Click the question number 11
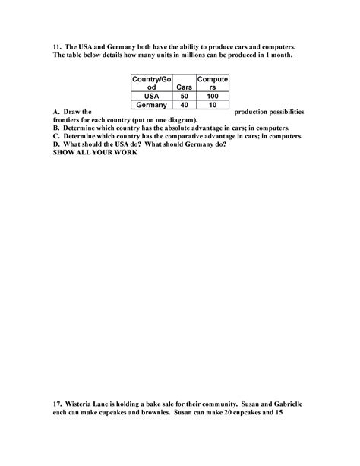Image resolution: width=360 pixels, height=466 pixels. [x=57, y=47]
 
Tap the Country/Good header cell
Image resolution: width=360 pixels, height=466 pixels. [x=150, y=83]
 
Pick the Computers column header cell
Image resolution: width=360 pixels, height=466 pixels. [x=212, y=83]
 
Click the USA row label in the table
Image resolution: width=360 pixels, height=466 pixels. [x=150, y=97]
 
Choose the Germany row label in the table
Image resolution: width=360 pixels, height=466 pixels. [x=150, y=106]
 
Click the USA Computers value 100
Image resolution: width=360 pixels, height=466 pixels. [x=212, y=97]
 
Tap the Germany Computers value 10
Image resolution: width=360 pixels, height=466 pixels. [x=212, y=106]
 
